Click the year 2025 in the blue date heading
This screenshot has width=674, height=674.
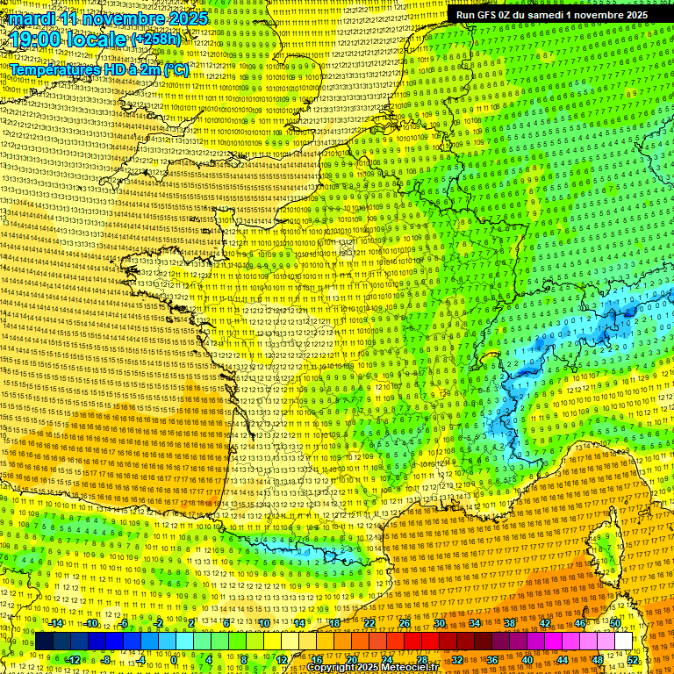click(187, 18)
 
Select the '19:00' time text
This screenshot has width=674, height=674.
click(36, 39)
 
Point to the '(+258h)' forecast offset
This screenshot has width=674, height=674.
click(158, 39)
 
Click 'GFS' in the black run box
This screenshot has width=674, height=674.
click(491, 15)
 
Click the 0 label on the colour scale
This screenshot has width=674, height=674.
click(174, 659)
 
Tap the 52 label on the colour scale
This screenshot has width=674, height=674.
click(633, 659)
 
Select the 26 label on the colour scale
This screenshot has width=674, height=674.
click(405, 623)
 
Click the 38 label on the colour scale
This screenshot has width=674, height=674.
click(510, 623)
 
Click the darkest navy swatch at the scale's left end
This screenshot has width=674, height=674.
click(45, 642)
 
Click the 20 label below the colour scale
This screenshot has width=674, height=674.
click(351, 659)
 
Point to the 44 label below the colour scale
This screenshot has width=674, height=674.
click(563, 659)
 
